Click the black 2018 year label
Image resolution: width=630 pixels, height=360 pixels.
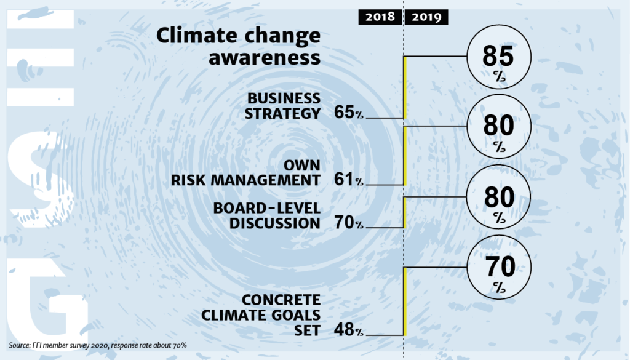[379, 17]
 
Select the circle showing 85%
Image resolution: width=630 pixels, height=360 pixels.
[498, 62]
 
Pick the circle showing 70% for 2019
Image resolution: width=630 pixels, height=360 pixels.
[498, 273]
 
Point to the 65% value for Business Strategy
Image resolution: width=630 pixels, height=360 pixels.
[348, 113]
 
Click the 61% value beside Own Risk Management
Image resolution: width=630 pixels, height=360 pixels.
[348, 180]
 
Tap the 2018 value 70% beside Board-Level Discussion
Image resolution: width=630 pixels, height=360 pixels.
[348, 223]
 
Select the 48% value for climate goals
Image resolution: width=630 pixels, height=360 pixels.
[348, 330]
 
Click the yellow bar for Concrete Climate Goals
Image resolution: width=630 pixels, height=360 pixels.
[405, 302]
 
